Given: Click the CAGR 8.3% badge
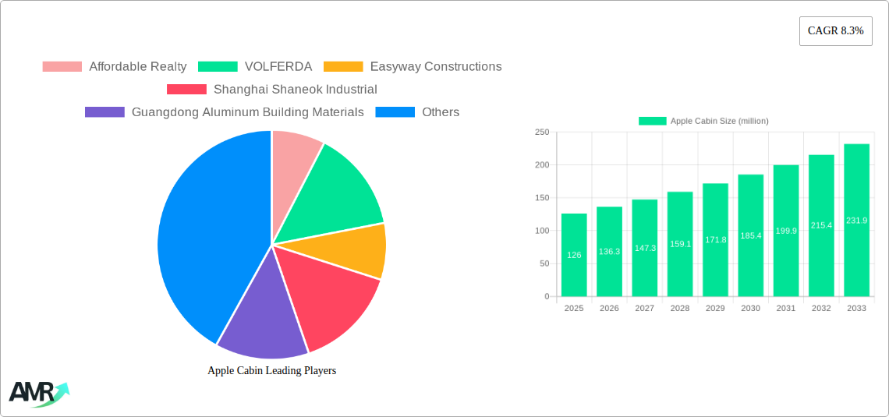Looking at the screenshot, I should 835,31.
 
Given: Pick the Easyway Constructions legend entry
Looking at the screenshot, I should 413,67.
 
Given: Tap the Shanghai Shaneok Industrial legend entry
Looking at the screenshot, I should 272,90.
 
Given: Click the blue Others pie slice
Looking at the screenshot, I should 203,234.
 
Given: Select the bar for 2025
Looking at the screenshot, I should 574,255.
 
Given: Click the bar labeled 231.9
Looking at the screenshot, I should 856,221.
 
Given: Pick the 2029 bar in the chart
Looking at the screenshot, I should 715,240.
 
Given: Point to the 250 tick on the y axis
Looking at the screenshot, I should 541,133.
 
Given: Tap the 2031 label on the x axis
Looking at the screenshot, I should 786,309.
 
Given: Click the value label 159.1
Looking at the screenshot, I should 680,244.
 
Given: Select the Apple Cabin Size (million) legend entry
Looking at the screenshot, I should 703,121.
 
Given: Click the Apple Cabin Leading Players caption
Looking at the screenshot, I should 271,371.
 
